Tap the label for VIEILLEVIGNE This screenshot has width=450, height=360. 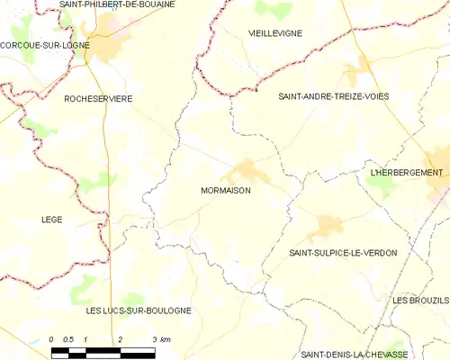coord(274,32)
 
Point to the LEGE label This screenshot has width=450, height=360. coord(52,219)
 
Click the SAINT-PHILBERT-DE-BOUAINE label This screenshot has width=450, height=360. coord(117,4)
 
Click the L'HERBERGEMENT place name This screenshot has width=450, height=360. coord(408,172)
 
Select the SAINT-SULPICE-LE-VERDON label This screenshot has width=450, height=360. coord(343,253)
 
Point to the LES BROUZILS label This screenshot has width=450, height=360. coord(420,300)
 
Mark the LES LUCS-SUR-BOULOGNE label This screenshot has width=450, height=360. coord(138,310)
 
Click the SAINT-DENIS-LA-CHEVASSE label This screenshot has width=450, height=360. coord(354,355)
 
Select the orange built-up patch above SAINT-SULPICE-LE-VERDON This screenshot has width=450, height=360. coord(327,227)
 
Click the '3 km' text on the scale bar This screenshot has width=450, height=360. coord(161,338)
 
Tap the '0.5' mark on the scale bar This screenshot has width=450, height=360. coord(67,338)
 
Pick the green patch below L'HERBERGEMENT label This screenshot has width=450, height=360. coord(381,186)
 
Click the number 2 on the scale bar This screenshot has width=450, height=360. coord(120,338)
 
